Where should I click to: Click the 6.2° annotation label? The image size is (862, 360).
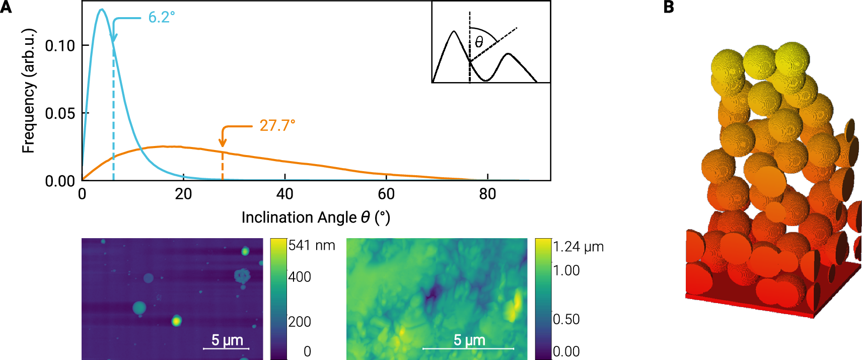point(161,18)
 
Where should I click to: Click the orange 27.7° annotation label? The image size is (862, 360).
point(277,125)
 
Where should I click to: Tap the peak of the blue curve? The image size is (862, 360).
point(102,10)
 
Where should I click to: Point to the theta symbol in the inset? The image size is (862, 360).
point(479,42)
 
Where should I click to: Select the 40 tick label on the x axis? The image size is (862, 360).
point(284,194)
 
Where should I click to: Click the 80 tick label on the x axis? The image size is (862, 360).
point(487,194)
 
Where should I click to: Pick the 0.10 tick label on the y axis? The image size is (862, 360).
point(60,46)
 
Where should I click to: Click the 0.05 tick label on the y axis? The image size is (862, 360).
point(60,113)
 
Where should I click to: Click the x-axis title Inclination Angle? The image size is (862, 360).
point(315,218)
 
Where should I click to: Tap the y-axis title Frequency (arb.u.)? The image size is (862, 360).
point(29,91)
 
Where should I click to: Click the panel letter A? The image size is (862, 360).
point(6,7)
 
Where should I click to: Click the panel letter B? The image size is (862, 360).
point(668,7)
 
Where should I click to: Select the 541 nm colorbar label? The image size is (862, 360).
point(312,246)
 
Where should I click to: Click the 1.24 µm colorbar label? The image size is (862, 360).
point(578,247)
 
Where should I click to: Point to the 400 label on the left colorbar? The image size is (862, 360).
point(300,277)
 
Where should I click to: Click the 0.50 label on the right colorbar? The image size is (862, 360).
point(566,319)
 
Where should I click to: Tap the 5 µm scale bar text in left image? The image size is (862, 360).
point(227,340)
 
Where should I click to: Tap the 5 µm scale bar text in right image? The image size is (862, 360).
point(469,340)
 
